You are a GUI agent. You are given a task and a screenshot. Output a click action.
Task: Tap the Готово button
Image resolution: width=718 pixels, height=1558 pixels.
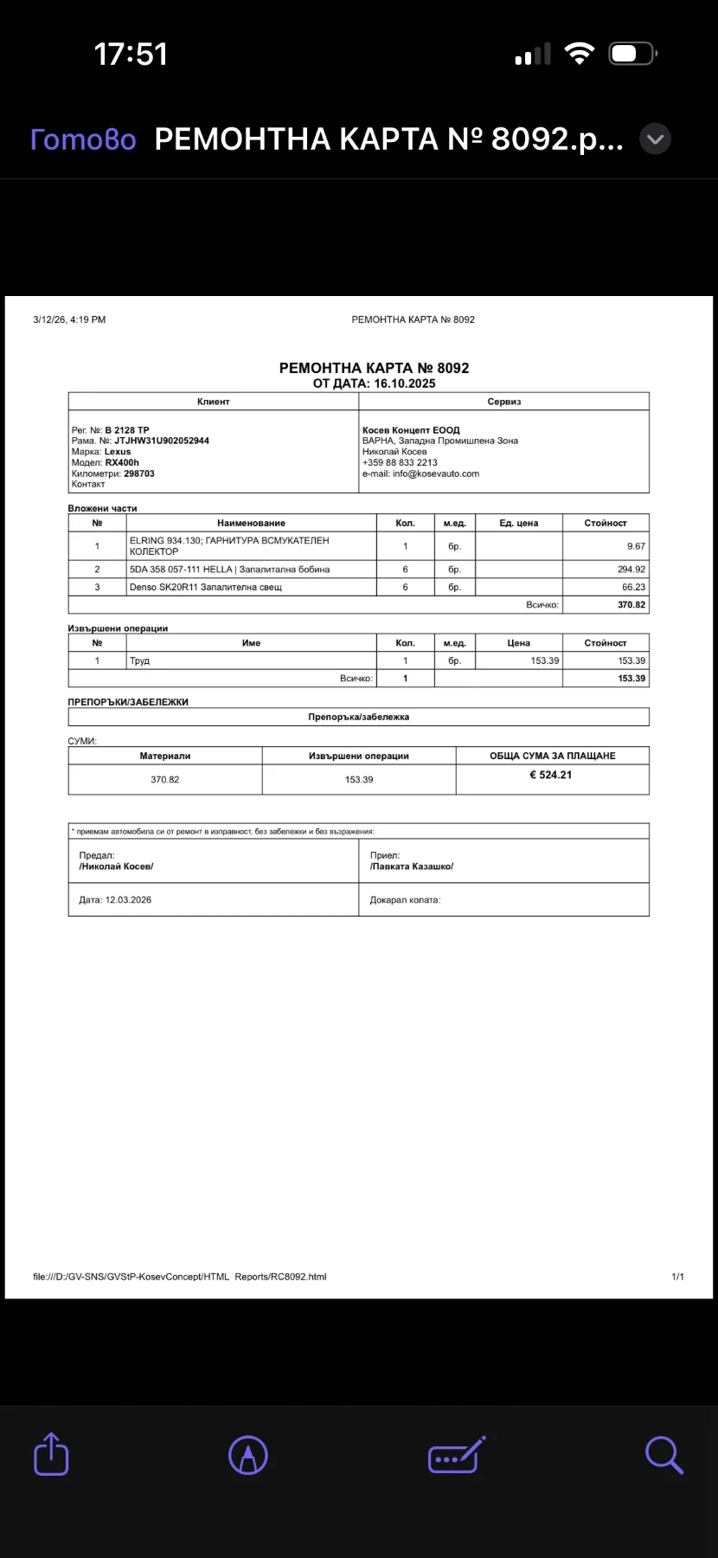[83, 139]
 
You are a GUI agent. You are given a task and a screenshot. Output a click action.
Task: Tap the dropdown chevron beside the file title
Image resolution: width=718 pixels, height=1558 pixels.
[655, 139]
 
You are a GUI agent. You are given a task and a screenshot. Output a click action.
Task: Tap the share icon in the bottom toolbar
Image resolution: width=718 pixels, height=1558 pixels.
[51, 1454]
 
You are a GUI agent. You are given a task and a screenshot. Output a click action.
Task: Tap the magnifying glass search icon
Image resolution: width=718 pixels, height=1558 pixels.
[664, 1454]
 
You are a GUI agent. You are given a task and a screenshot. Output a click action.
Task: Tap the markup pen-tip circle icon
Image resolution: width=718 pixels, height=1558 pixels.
[248, 1454]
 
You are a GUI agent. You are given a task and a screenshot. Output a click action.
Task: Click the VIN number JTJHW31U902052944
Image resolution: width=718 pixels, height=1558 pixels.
[162, 441]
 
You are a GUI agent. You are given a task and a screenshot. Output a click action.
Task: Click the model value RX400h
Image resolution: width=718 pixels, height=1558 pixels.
[122, 462]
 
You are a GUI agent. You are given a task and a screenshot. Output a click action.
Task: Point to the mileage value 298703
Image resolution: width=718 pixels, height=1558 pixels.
[139, 473]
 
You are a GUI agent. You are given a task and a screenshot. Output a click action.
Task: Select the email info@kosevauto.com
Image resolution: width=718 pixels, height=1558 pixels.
[436, 473]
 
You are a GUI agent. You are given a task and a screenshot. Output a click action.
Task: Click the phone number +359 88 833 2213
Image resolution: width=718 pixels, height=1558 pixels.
[400, 462]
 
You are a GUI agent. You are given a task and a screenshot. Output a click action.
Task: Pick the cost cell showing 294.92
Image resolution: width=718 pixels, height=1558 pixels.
[631, 570]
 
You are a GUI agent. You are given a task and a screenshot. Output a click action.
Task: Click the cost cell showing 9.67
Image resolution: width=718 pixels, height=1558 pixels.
[636, 546]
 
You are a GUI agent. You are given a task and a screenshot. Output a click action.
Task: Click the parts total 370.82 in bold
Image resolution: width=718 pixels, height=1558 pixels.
[631, 605]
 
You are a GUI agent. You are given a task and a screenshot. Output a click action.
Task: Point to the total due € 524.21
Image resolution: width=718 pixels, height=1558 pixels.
[551, 775]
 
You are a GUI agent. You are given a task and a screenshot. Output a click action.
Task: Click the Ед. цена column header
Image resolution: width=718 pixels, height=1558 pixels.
[518, 523]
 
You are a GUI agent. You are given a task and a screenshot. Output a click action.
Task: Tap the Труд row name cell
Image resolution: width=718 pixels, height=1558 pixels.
[140, 660]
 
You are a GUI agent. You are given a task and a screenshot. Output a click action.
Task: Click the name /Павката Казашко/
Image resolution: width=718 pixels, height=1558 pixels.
[412, 866]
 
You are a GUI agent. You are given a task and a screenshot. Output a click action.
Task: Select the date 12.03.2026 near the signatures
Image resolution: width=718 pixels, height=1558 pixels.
[128, 900]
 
